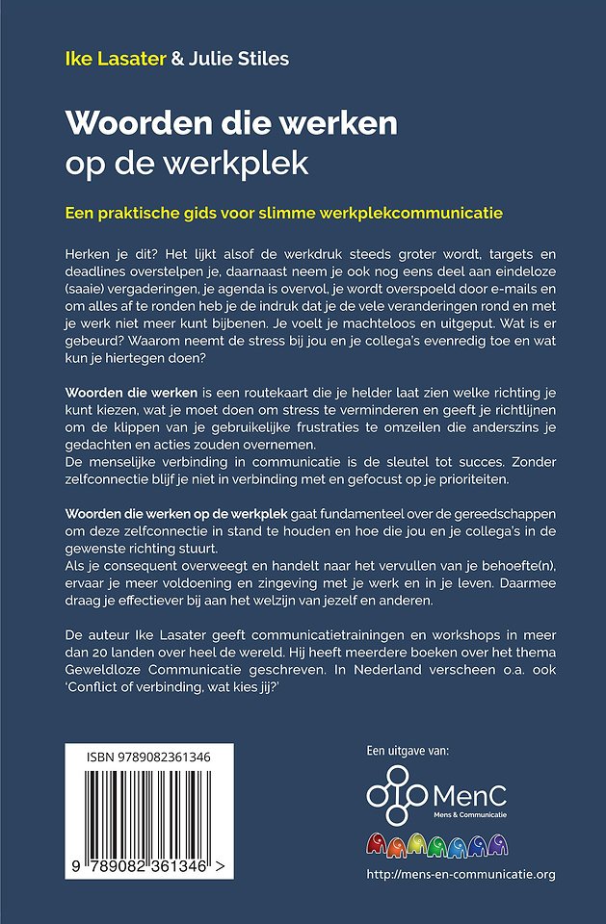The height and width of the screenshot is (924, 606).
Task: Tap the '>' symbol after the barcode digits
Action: tap(222, 868)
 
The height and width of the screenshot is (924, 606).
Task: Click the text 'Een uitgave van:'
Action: tap(408, 750)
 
